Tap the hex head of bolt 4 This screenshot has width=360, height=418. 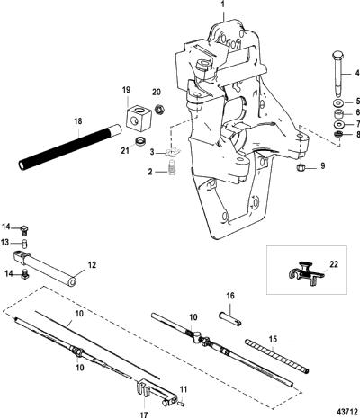338,56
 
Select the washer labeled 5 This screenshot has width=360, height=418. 338,102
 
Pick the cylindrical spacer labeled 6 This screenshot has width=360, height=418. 339,114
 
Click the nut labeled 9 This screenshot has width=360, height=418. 299,168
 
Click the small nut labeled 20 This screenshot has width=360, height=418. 159,108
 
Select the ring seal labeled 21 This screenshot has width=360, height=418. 139,140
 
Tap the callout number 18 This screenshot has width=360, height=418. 78,121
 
